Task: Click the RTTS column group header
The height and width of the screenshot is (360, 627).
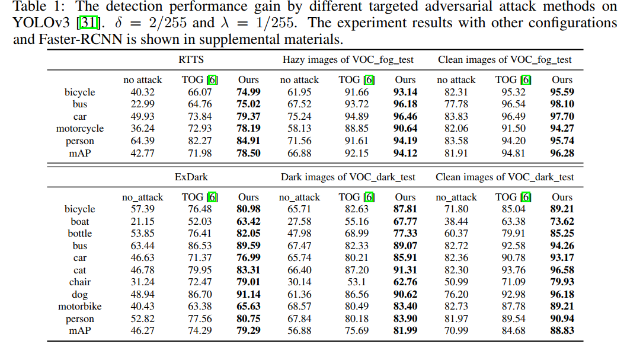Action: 191,60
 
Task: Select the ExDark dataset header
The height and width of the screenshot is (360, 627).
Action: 191,177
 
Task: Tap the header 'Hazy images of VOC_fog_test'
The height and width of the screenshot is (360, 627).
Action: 348,60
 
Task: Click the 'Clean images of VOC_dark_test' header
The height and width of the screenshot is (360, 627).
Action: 505,177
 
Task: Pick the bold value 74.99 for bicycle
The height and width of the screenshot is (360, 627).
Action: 248,92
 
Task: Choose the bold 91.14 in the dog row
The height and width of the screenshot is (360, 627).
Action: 248,295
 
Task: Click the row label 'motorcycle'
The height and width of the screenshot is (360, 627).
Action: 80,129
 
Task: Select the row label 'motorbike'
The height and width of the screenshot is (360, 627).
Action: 80,307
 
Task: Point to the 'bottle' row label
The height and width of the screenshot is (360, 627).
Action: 80,234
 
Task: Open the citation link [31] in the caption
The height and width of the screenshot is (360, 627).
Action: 88,24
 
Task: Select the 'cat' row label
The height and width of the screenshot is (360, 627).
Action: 80,270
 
